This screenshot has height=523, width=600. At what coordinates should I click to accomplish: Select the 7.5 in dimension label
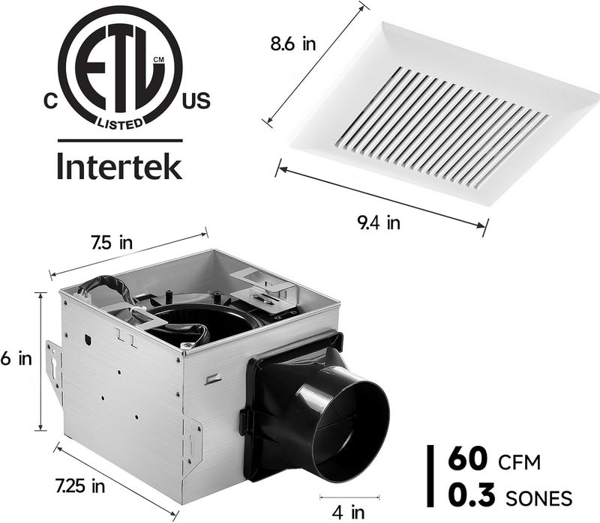[x=111, y=242]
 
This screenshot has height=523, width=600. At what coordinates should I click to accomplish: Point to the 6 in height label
[x=16, y=359]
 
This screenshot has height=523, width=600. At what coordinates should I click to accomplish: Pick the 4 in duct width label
[x=349, y=513]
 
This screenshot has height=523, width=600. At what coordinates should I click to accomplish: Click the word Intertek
[x=119, y=166]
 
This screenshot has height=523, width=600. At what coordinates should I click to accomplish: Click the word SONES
[x=539, y=498]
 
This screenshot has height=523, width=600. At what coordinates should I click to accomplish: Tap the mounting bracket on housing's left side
[x=53, y=370]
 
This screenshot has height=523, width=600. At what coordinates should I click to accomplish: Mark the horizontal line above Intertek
[x=120, y=140]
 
